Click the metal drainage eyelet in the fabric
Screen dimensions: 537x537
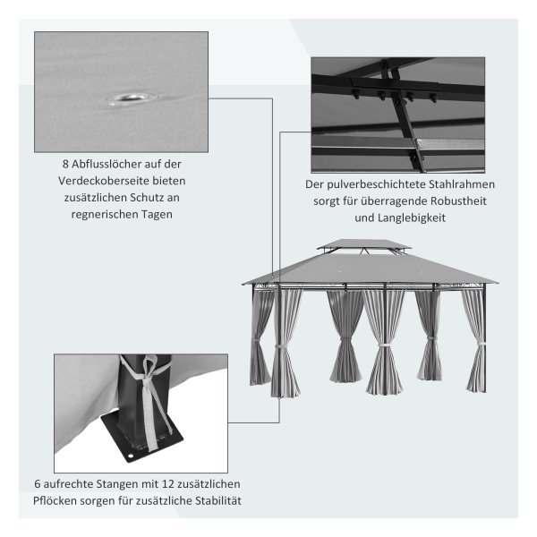pos(131,98)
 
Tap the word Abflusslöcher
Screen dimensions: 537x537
pos(107,165)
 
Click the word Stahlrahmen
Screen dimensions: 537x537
pos(462,184)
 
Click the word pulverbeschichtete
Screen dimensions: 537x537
pos(376,184)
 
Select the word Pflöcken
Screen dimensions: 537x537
pos(55,500)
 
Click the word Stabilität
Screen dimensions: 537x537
pos(218,500)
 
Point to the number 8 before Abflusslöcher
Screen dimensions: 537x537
pos(65,165)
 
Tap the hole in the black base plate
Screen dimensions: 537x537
pos(131,456)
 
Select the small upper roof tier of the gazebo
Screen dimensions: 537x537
pos(363,244)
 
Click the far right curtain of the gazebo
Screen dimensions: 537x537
pos(474,341)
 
